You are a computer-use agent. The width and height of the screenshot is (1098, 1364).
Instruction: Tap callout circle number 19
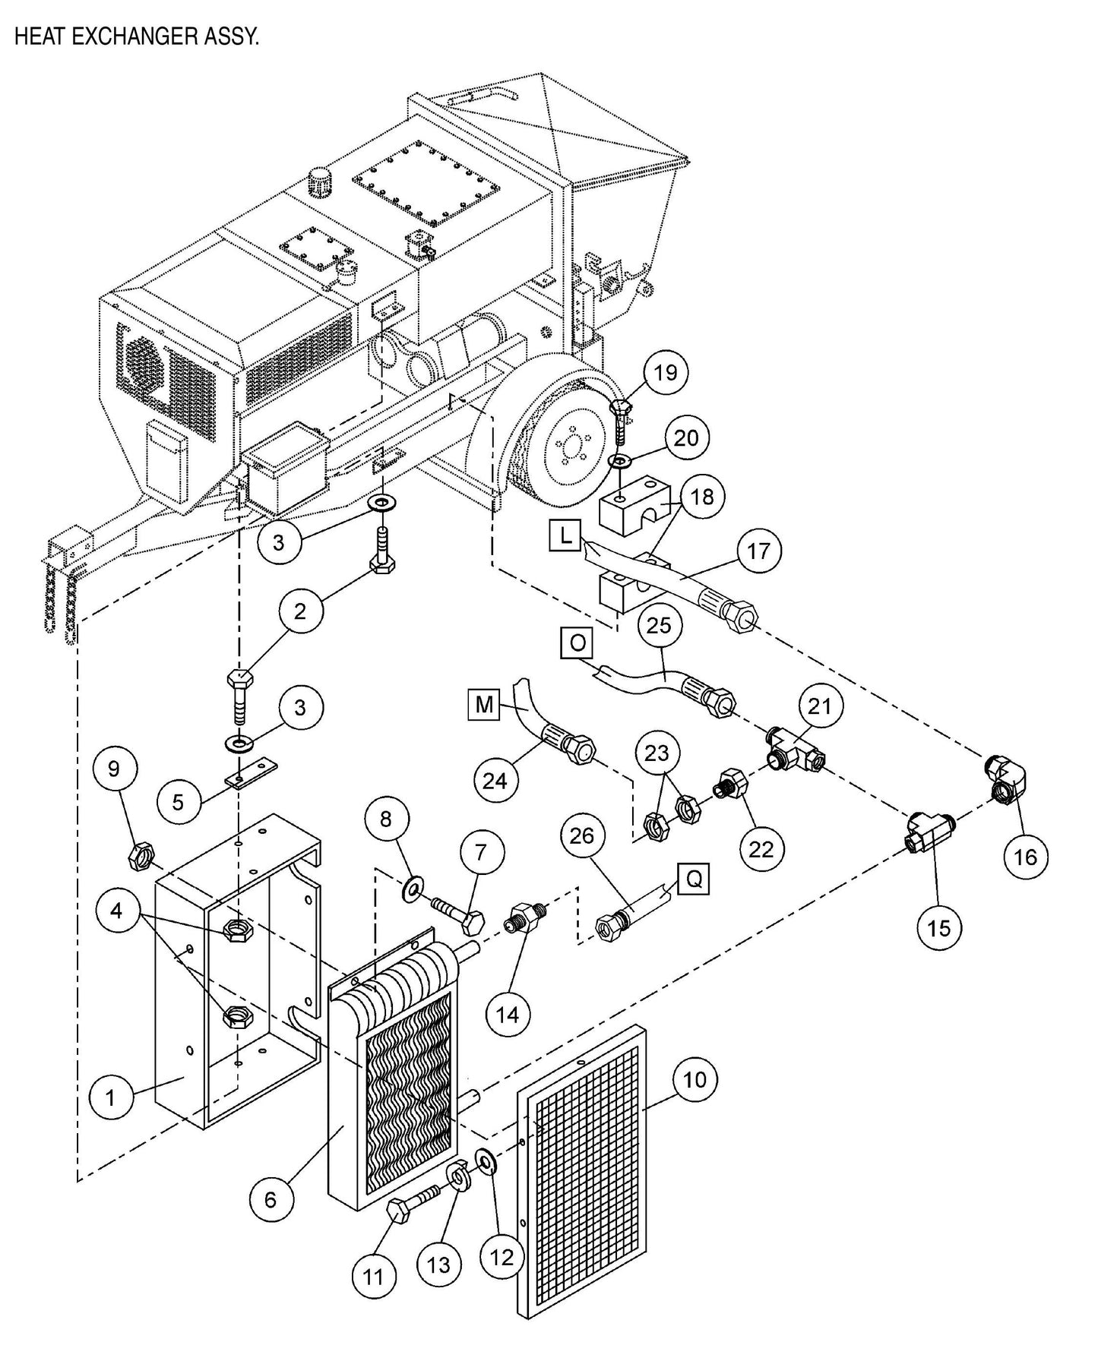click(x=666, y=372)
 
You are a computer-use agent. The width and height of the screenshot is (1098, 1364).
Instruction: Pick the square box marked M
click(x=484, y=705)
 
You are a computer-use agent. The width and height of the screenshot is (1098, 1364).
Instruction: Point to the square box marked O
click(x=577, y=643)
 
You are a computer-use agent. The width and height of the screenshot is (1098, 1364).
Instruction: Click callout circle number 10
click(x=695, y=1079)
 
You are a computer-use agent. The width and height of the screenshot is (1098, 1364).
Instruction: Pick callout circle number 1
click(x=110, y=1097)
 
